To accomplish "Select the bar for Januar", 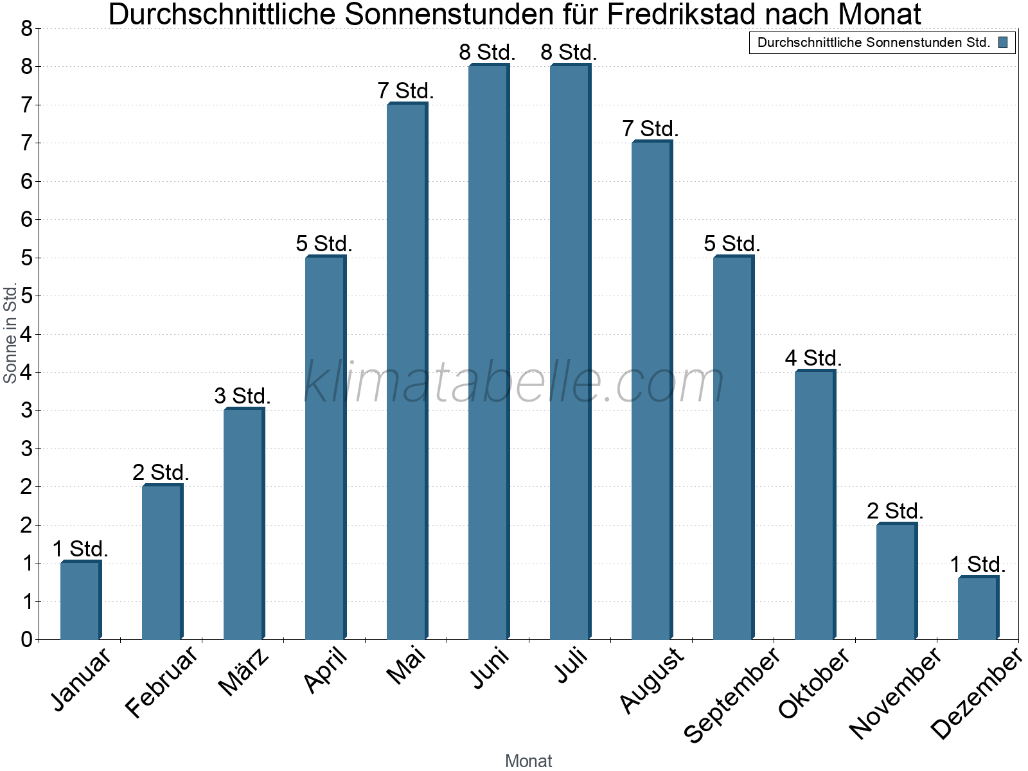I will [x=80, y=601].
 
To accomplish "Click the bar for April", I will [x=325, y=448].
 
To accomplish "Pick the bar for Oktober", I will [x=815, y=505].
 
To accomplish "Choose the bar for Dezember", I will [x=978, y=608].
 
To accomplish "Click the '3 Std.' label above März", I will [x=242, y=396].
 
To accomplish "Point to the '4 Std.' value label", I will [x=813, y=359].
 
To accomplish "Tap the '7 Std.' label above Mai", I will [x=405, y=91].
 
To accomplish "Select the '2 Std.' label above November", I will [x=894, y=511].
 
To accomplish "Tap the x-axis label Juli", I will [x=571, y=666].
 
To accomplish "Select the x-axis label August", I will [x=652, y=680].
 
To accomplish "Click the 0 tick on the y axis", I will [x=26, y=639].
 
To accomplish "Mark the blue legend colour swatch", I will [x=1002, y=43].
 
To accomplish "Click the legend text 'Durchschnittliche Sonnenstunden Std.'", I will [x=873, y=43].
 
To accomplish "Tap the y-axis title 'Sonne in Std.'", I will [x=10, y=333].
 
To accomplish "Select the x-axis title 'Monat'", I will [x=528, y=761].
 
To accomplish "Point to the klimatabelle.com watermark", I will [x=514, y=382].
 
